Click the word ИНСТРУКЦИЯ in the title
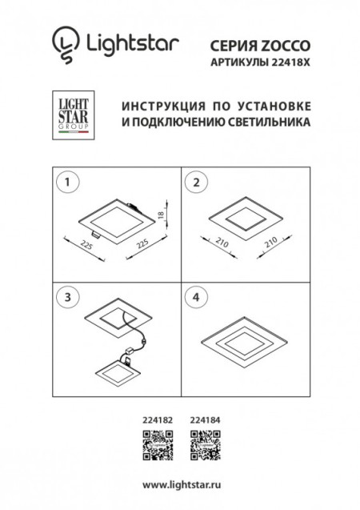(161, 106)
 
